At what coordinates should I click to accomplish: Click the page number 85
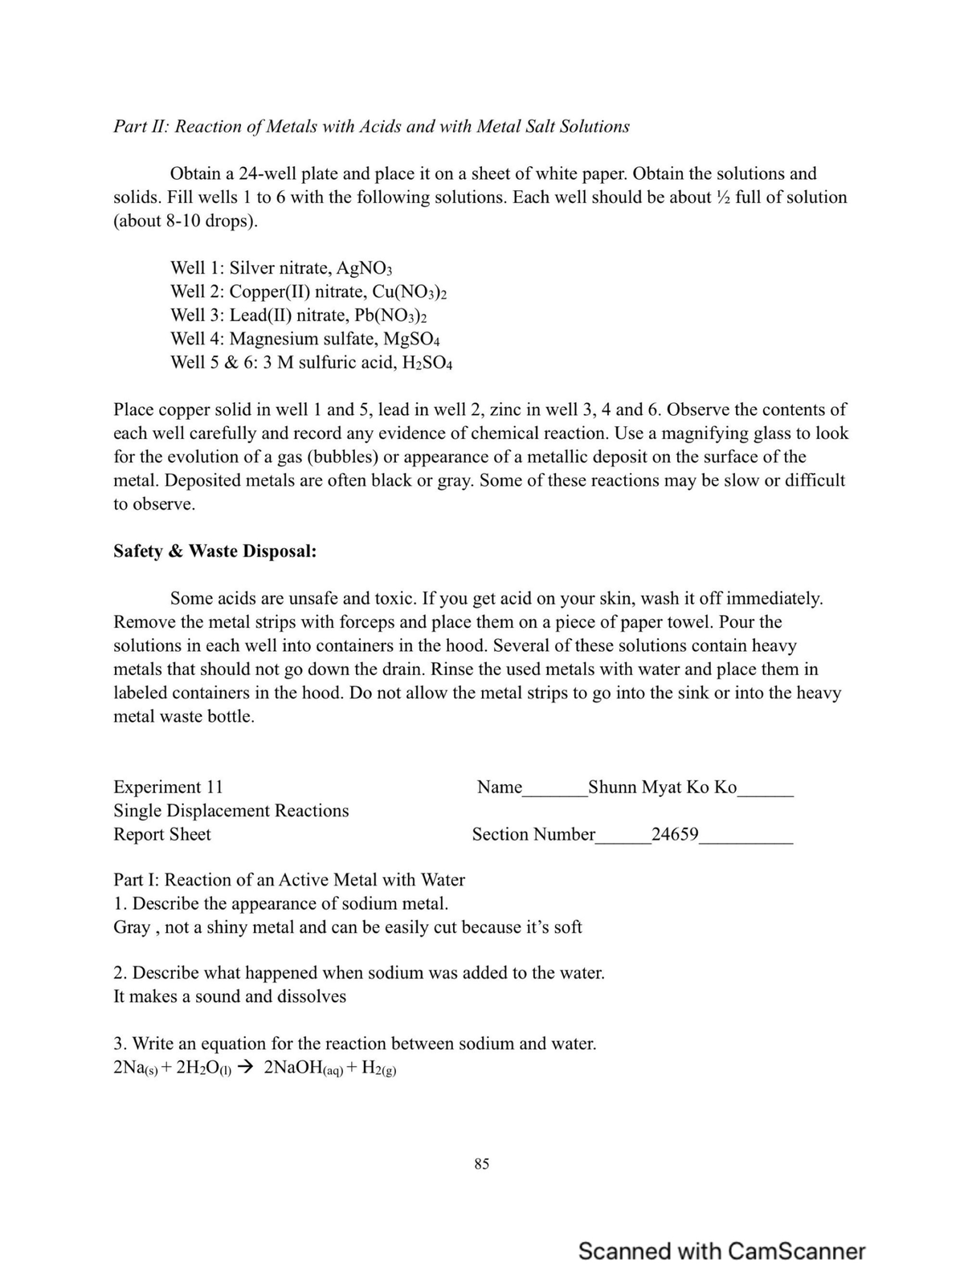pos(481,1163)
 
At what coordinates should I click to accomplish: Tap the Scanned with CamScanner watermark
pos(721,1251)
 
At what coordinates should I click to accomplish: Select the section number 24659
pos(675,834)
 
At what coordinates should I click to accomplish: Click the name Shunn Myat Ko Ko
pos(662,787)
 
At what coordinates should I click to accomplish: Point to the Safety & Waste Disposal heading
pos(214,552)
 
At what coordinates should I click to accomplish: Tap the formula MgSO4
pos(411,339)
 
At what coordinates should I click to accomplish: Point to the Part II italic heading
pos(371,127)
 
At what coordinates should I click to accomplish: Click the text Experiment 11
pos(168,787)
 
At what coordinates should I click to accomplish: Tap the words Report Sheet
pos(161,834)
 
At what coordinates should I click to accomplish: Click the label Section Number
pos(533,834)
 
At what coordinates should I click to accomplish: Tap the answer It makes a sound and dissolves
pos(230,996)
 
